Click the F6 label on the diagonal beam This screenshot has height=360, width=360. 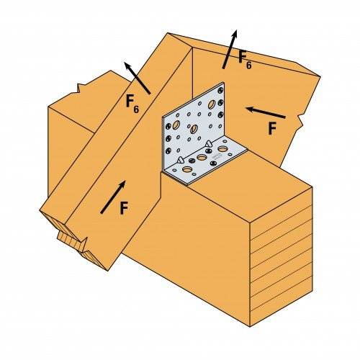point(131,104)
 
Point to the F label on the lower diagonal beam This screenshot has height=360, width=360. point(123,209)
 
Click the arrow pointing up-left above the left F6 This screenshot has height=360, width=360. point(136,77)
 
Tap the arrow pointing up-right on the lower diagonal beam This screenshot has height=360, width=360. point(113,197)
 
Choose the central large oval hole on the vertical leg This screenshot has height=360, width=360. point(193,128)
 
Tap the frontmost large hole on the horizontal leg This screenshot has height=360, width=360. point(187,171)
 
